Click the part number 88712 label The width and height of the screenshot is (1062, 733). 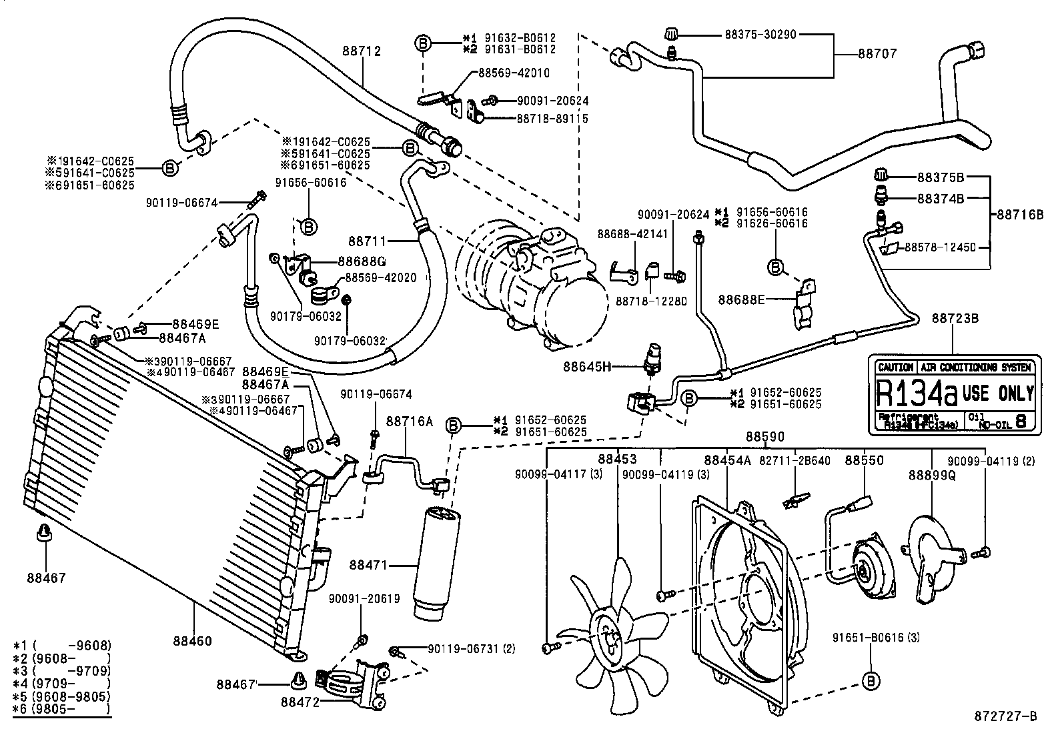pyautogui.click(x=362, y=51)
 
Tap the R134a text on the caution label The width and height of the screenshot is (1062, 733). pyautogui.click(x=916, y=394)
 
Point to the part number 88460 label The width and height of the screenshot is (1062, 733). pyautogui.click(x=192, y=641)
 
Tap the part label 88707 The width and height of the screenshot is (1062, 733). pyautogui.click(x=877, y=53)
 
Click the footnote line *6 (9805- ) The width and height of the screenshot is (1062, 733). pyautogui.click(x=62, y=710)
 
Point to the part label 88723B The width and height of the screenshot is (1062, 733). pyautogui.click(x=955, y=318)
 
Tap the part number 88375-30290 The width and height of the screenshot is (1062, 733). pyautogui.click(x=760, y=34)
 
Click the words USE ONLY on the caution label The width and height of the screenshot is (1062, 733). pyautogui.click(x=998, y=393)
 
